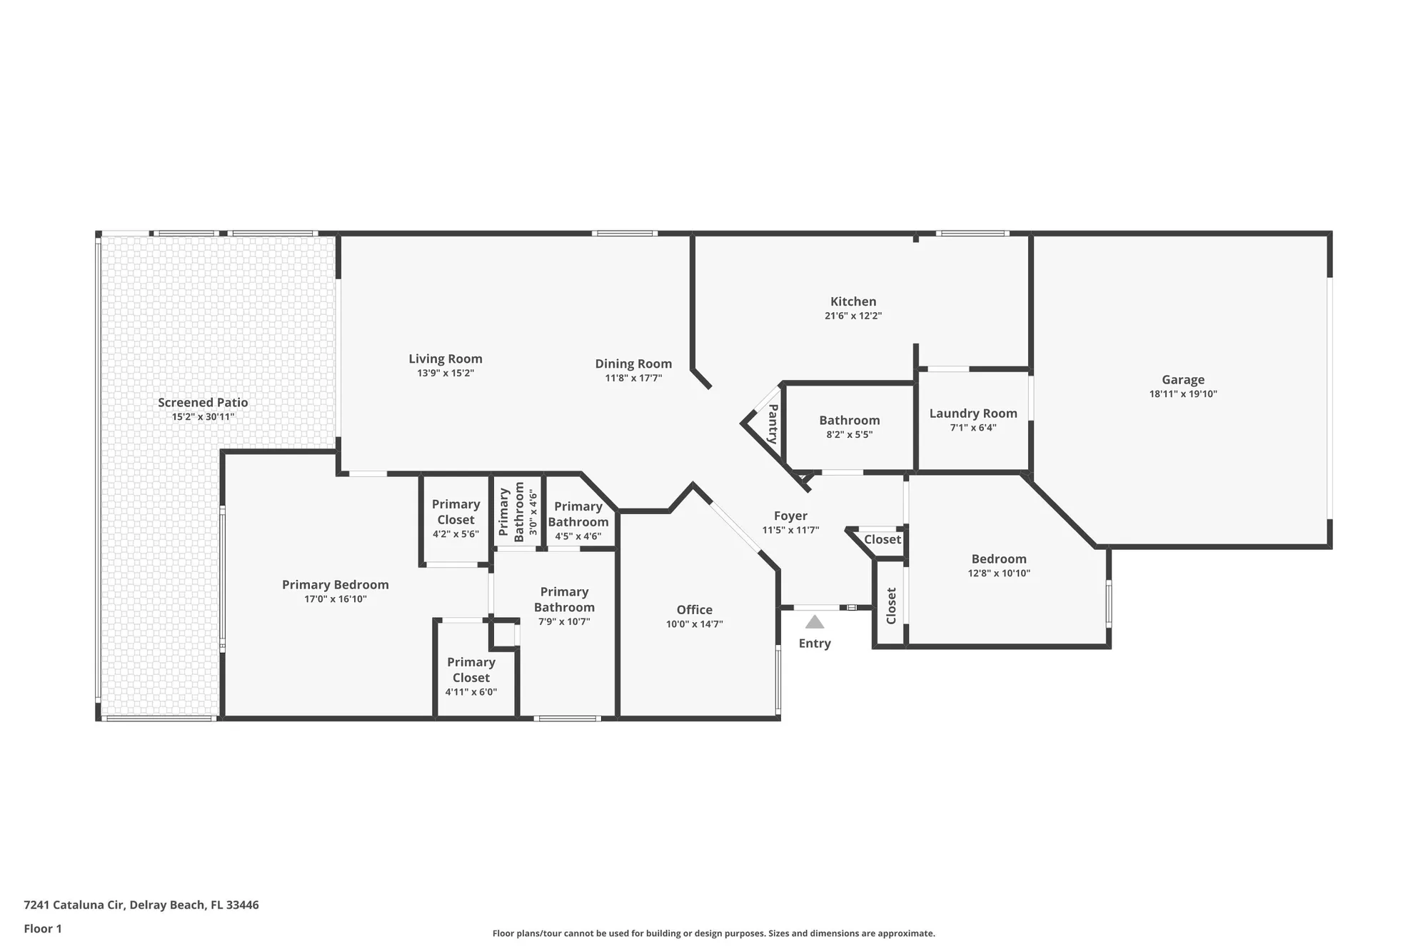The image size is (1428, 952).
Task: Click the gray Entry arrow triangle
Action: click(x=815, y=622)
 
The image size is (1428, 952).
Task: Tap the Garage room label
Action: click(x=1182, y=380)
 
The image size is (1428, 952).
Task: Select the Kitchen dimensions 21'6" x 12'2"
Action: click(x=853, y=316)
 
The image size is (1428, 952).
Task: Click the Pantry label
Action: click(x=773, y=424)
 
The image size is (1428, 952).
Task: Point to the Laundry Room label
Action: click(x=973, y=414)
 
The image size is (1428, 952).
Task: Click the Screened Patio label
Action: click(x=203, y=403)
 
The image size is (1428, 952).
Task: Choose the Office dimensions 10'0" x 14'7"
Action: click(x=694, y=624)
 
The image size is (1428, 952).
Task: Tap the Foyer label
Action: click(x=790, y=516)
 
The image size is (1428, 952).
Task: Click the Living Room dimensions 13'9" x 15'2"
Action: click(x=446, y=374)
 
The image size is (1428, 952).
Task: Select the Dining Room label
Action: click(x=633, y=364)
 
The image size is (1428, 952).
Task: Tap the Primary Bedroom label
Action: click(x=335, y=585)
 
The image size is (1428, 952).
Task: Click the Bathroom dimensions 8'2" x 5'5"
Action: click(x=850, y=435)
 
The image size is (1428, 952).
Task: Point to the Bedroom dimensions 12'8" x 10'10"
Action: click(x=999, y=573)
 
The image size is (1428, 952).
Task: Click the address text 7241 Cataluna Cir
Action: click(x=74, y=905)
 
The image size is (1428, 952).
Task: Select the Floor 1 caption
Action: click(x=43, y=928)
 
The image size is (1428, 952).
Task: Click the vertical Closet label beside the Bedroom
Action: click(x=891, y=606)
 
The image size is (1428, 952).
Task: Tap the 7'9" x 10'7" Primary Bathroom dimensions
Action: click(x=564, y=622)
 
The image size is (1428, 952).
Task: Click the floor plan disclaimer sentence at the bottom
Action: click(x=713, y=933)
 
